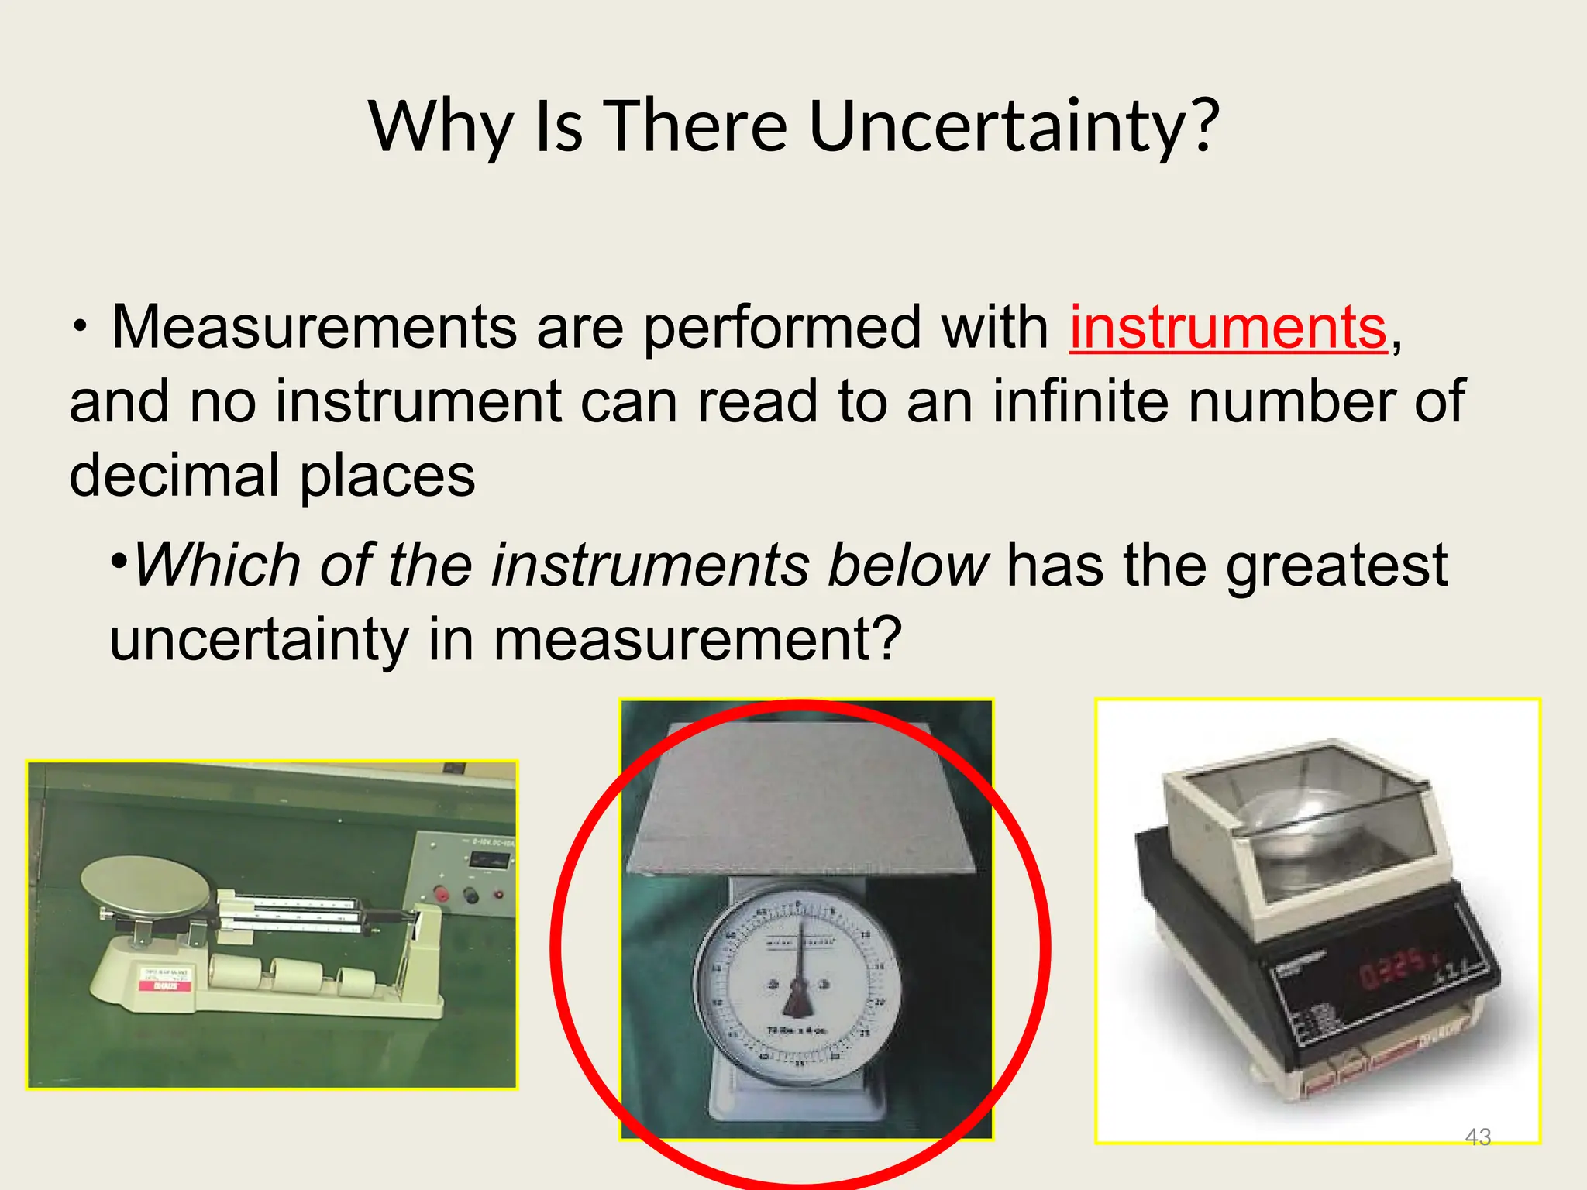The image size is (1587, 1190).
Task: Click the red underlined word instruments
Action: pyautogui.click(x=1228, y=328)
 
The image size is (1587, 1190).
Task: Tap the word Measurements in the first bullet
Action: pyautogui.click(x=314, y=328)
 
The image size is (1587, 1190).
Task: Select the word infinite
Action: pyautogui.click(x=1080, y=401)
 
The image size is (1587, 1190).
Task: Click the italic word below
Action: pyautogui.click(x=908, y=565)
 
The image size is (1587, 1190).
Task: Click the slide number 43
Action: pyautogui.click(x=1478, y=1137)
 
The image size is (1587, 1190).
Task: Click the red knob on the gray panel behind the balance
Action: pyautogui.click(x=442, y=895)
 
